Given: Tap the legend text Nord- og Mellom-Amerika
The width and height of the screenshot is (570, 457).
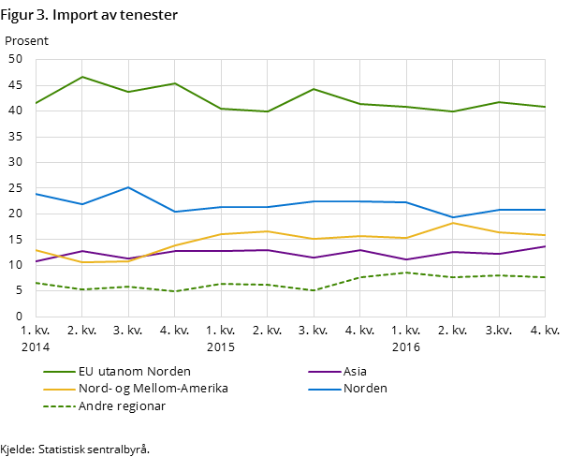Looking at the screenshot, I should (153, 389).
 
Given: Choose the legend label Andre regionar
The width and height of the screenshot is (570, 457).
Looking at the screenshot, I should (122, 406).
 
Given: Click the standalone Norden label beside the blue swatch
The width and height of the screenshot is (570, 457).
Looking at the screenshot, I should (365, 389).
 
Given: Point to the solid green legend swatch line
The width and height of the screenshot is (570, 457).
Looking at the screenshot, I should (59, 372).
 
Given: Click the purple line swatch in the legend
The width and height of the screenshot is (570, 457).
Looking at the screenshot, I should (324, 372).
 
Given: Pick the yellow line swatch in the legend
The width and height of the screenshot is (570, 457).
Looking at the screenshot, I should (59, 389).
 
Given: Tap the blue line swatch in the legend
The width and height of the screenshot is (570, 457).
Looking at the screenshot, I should (324, 389).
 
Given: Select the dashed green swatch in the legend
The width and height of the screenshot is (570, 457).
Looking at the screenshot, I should (59, 406).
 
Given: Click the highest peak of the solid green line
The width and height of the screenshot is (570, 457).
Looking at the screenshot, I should (82, 77).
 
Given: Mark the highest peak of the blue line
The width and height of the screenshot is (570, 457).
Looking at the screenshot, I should (128, 187).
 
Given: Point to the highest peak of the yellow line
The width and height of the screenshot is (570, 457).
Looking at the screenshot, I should (453, 223).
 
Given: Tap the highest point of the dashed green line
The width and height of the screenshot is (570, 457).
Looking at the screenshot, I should (406, 273).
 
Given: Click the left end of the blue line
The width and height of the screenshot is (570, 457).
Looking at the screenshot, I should (36, 194).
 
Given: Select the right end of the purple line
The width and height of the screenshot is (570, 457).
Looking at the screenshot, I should (546, 246).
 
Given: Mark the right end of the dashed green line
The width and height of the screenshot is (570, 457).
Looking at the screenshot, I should (546, 277).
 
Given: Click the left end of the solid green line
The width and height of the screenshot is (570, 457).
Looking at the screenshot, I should (36, 103).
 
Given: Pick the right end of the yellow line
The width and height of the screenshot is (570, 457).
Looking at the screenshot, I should (546, 235).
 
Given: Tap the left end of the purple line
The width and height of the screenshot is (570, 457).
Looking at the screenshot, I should (36, 261).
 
